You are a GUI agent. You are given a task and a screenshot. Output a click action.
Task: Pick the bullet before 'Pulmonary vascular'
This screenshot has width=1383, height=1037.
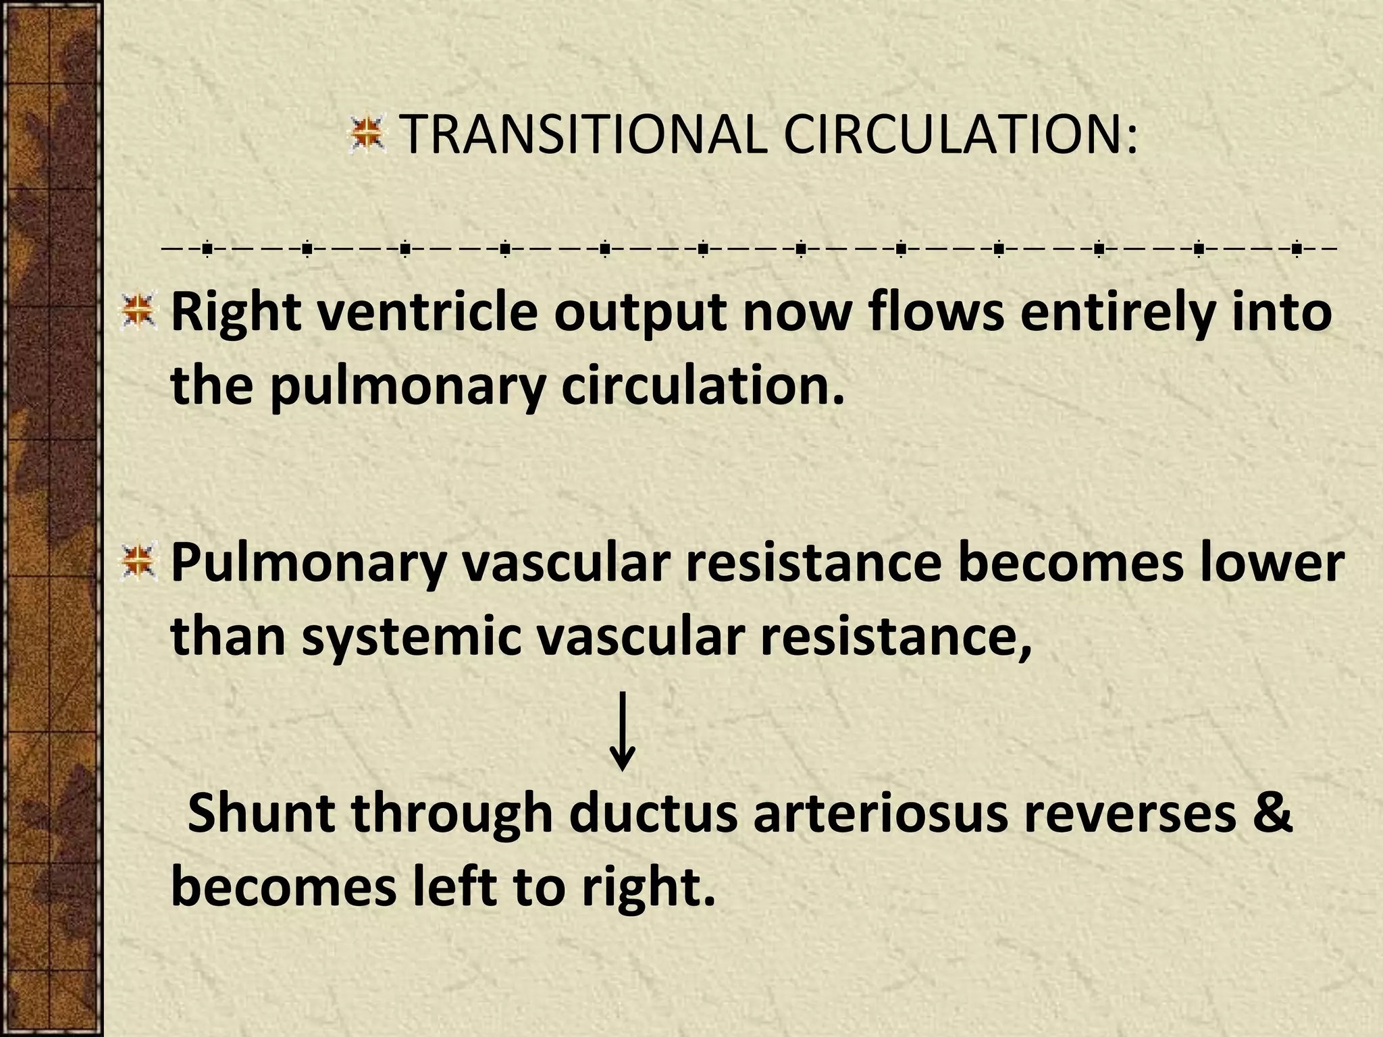tap(138, 562)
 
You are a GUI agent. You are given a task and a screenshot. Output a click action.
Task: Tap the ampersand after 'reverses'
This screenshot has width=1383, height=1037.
tap(1273, 813)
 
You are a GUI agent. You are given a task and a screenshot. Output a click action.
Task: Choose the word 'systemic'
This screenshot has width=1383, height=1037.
tap(411, 636)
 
